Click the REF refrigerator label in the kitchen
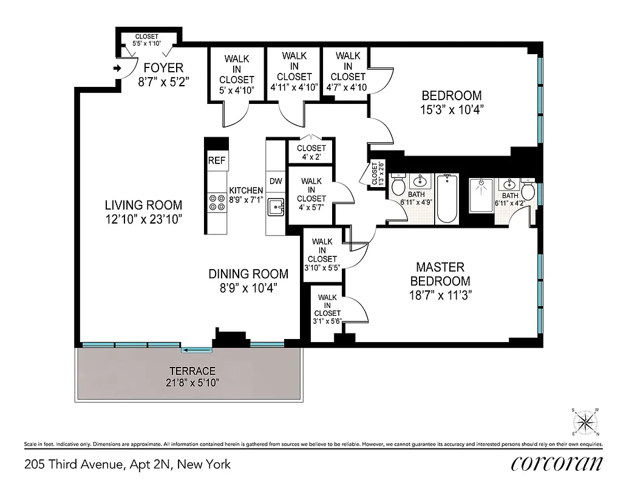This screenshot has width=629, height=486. pos(216,161)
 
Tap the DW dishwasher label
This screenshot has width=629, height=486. pos(276,180)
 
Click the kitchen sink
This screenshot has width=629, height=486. pos(277,207)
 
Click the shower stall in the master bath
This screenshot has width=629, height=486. pos(481,195)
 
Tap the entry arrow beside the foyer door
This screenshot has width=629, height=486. pos(117,69)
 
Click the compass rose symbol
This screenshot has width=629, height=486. pos(585,421)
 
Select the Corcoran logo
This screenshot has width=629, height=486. pos(557,464)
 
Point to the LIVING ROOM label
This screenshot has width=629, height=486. pos(143,205)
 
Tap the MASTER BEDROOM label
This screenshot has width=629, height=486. pos(440,274)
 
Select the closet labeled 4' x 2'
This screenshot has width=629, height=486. pos(311,152)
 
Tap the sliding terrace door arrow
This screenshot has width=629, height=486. pos(197,349)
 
